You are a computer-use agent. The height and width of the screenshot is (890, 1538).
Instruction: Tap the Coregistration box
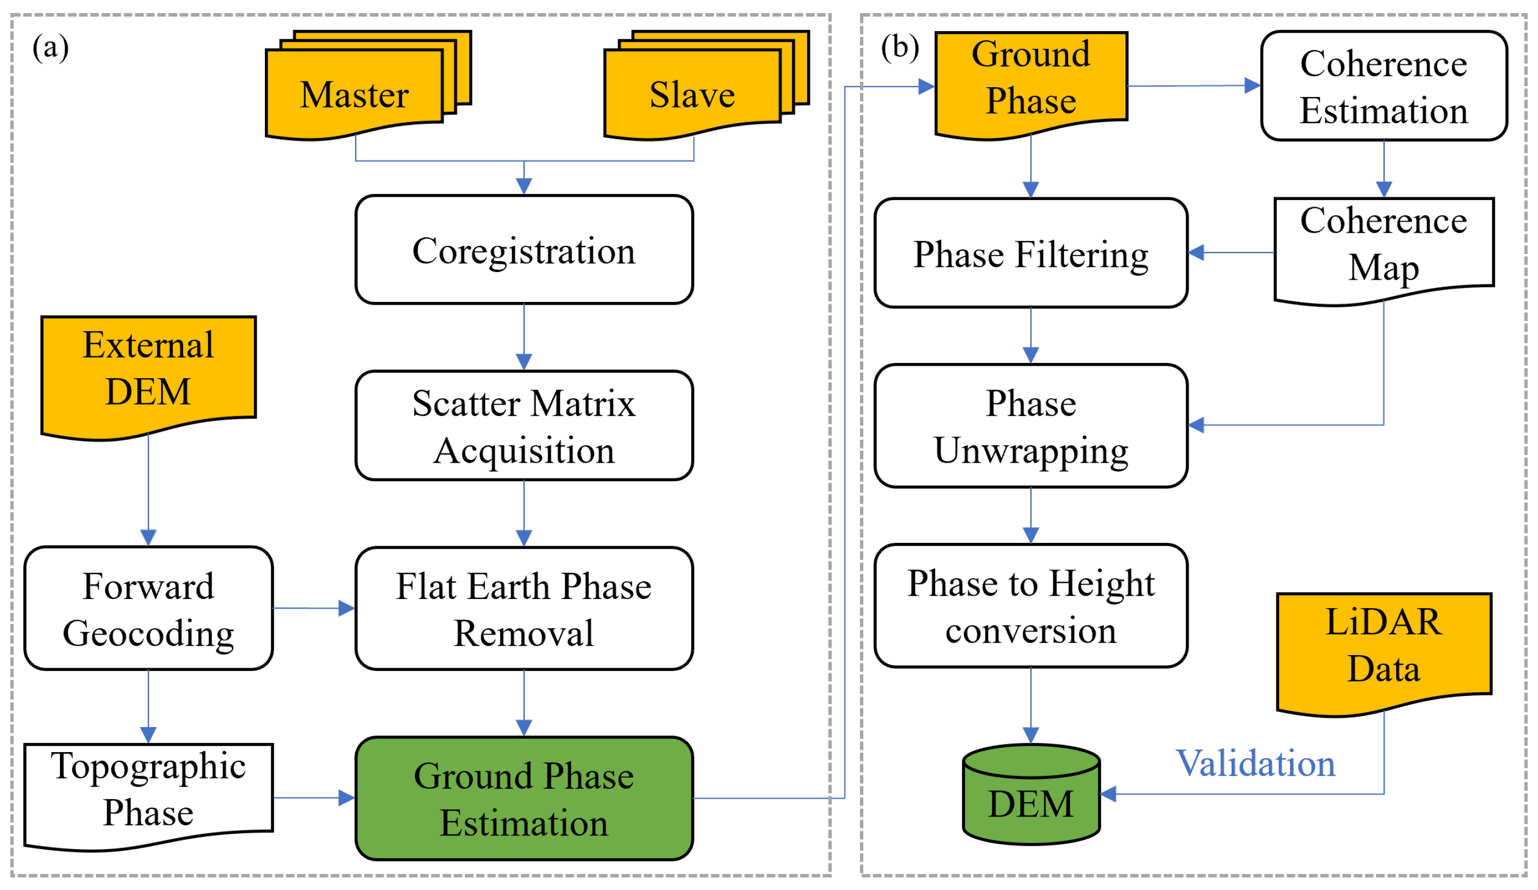point(524,250)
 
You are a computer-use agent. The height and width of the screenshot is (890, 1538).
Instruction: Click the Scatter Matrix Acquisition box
point(524,426)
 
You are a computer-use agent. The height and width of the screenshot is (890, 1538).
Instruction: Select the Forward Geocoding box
point(148,609)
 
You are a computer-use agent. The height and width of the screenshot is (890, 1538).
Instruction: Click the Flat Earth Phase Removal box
point(524,609)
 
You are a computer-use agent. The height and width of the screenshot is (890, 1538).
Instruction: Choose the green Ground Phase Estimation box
point(524,800)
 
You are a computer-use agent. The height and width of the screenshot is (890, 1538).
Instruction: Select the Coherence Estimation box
point(1384,86)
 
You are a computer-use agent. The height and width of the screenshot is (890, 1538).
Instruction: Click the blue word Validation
point(1256,764)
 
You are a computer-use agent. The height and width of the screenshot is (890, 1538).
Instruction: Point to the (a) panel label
point(51,47)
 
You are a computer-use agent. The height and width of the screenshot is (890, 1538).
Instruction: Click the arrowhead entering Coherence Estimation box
point(1253,86)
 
